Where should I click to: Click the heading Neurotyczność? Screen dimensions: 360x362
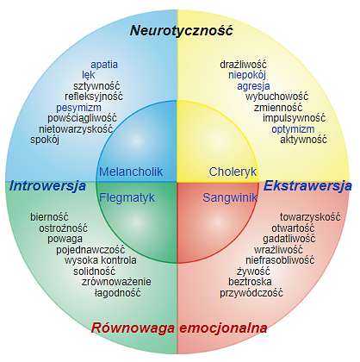coord(181,30)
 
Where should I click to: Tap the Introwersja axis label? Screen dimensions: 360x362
coord(47,186)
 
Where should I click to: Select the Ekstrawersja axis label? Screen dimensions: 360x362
coord(307,186)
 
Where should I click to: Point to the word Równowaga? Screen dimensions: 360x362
coord(133,328)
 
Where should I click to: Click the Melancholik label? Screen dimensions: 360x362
coord(131,172)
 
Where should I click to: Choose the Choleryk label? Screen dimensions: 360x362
coord(233,172)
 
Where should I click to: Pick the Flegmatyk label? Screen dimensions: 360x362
coord(127,197)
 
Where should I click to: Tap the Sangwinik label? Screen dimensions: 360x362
coord(230,197)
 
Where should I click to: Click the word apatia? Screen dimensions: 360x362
coord(104,65)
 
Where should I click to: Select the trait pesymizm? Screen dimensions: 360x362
coord(78,108)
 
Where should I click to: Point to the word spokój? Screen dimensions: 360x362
coord(45,140)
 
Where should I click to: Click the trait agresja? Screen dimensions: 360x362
coord(253,86)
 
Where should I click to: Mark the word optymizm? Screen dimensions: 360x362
coord(293,129)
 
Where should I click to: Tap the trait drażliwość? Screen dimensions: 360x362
coord(243,65)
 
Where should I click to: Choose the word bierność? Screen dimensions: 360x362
coord(49,216)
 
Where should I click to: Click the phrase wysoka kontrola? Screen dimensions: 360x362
coord(101,260)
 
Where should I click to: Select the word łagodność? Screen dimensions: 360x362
coord(118,293)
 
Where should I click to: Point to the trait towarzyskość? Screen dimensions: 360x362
coord(310,216)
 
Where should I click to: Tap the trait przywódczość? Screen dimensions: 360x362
coord(251,293)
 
